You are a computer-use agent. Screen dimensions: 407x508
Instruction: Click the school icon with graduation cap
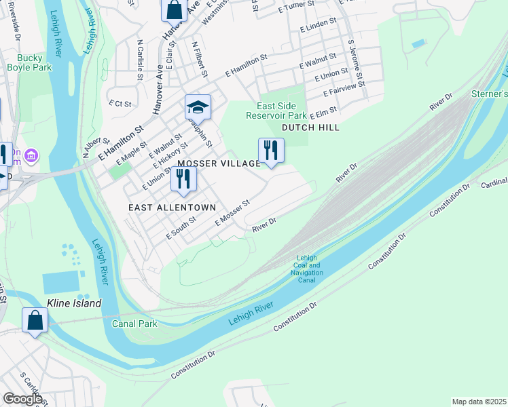coord(198,107)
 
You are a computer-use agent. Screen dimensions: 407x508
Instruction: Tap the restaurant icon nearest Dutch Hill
coord(271,150)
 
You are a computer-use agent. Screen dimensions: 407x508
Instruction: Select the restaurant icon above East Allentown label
coord(183,178)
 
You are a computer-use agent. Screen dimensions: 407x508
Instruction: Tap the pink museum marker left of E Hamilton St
coord(31,157)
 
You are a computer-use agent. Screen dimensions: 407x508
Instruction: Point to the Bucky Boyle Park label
coord(29,63)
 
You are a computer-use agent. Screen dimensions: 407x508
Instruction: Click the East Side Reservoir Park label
coord(281,111)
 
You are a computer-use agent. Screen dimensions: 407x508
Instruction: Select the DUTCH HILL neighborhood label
coord(310,128)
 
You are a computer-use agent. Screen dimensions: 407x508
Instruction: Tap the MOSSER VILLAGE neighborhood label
coord(219,164)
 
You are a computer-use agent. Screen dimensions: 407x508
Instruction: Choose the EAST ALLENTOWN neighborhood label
coord(172,208)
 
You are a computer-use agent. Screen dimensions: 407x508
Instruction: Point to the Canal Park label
coord(135,324)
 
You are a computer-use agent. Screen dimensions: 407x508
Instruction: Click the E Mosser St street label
coord(233,213)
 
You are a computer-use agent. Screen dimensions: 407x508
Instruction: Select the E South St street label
coord(181,227)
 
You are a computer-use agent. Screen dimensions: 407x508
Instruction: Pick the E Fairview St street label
coord(344,88)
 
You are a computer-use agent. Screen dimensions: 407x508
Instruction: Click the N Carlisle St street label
coord(140,60)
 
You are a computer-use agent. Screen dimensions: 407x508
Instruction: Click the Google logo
coord(22,399)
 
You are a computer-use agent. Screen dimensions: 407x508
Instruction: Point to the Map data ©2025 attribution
coord(478,402)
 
